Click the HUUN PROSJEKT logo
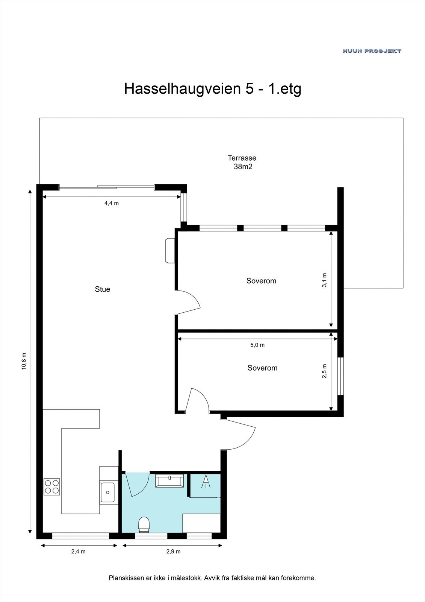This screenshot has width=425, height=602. click(372, 51)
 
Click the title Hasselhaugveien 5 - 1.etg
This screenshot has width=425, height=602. click(213, 89)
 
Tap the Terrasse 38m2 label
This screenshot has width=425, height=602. click(242, 162)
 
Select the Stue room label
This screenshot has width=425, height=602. click(103, 289)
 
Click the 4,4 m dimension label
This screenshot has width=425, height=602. click(111, 204)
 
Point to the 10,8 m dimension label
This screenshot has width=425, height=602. click(24, 361)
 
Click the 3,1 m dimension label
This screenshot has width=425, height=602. click(325, 280)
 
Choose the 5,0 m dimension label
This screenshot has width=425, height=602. click(257, 345)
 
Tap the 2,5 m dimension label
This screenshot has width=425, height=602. click(325, 371)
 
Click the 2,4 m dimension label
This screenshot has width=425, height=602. click(79, 552)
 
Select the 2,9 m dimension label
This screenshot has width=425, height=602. click(173, 552)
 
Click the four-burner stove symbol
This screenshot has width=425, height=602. click(52, 486)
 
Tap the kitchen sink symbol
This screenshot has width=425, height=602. click(107, 492)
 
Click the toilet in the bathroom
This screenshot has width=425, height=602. click(144, 524)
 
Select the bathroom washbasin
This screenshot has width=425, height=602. click(170, 481)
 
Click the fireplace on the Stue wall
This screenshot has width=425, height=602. click(169, 250)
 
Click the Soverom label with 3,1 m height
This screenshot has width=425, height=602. click(261, 281)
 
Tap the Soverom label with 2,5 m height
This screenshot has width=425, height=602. click(262, 368)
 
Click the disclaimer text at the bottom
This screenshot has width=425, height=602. click(212, 578)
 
